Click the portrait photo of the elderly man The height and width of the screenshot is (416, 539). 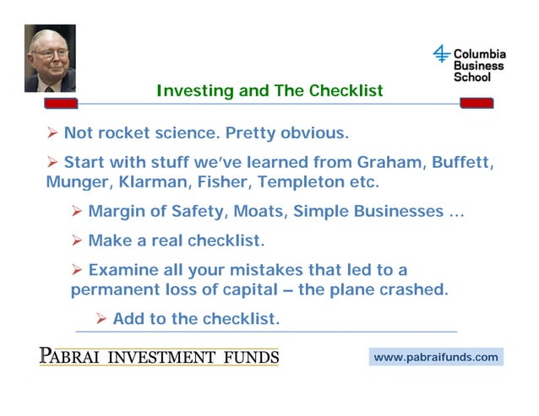[x=50, y=58]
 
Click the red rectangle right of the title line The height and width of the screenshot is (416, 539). [x=476, y=103]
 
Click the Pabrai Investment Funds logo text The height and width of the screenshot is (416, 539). [x=159, y=355]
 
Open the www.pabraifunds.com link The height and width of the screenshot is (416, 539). [x=436, y=357]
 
